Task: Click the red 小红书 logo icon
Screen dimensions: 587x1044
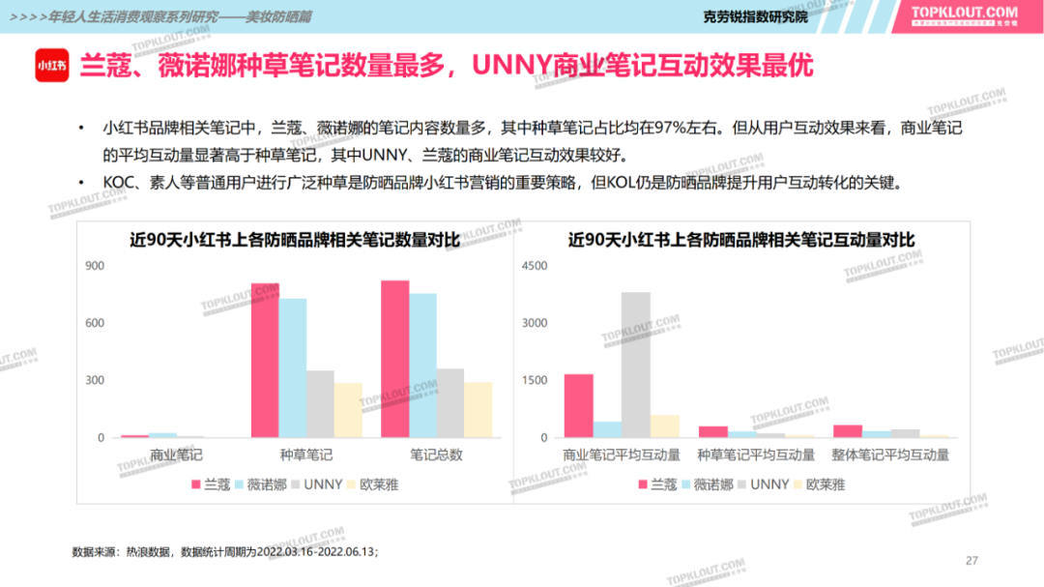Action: (51, 66)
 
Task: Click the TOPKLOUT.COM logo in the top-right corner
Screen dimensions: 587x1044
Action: (964, 15)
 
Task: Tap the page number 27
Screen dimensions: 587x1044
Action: (972, 561)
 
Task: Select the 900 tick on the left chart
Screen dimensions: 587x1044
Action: (95, 266)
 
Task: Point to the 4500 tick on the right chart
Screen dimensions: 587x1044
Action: (534, 266)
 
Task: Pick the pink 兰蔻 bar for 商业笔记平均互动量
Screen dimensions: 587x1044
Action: (578, 405)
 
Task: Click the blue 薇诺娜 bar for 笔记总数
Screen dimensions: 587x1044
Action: (422, 366)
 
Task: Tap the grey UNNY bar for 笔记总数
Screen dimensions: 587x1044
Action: (450, 403)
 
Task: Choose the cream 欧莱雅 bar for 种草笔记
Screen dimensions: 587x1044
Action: (348, 410)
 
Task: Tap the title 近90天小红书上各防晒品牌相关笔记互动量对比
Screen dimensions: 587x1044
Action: (741, 240)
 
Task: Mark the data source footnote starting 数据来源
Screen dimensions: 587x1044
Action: (225, 551)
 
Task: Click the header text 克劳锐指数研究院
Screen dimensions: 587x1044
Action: (755, 16)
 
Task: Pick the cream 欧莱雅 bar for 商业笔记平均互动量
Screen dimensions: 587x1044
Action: (664, 426)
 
